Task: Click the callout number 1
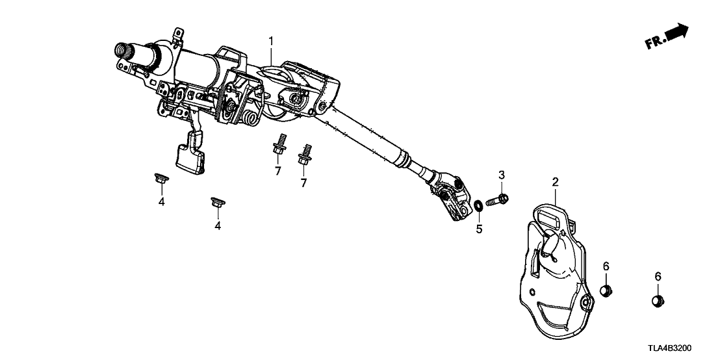(x=272, y=42)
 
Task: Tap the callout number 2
(x=555, y=182)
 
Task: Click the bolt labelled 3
(x=500, y=199)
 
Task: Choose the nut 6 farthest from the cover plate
(x=657, y=300)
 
